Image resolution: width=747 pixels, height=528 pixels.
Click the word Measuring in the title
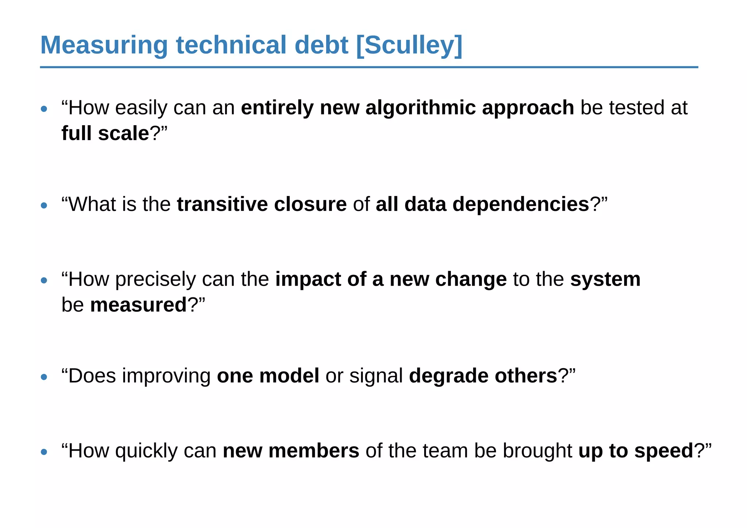pyautogui.click(x=104, y=45)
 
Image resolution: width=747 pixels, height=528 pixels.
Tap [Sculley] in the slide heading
pyautogui.click(x=409, y=45)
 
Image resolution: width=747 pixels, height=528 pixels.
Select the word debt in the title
pyautogui.click(x=321, y=45)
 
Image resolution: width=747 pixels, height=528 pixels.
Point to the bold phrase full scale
pyautogui.click(x=105, y=133)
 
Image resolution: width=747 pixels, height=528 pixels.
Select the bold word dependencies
pyautogui.click(x=521, y=204)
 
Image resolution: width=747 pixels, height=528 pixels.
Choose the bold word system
pyautogui.click(x=605, y=280)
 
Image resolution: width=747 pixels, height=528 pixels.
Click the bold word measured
pyautogui.click(x=138, y=305)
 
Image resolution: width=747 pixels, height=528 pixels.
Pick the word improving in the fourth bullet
pyautogui.click(x=166, y=376)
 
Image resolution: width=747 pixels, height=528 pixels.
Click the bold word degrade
pyautogui.click(x=449, y=376)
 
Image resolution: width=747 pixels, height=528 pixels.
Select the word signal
pyautogui.click(x=376, y=376)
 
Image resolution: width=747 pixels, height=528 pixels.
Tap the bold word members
pyautogui.click(x=314, y=451)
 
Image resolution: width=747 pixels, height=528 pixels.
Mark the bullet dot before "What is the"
pyautogui.click(x=44, y=206)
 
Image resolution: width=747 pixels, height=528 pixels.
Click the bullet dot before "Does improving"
pyautogui.click(x=44, y=377)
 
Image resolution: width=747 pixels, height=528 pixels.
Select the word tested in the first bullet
pyautogui.click(x=636, y=108)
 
